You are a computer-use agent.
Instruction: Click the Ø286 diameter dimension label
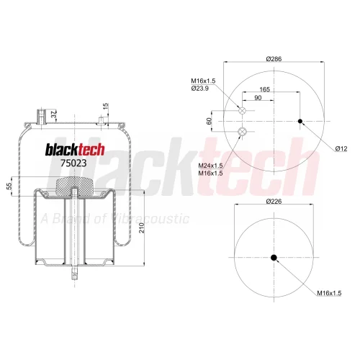pos(274,59)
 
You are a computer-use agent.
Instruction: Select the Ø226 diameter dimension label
pos(274,201)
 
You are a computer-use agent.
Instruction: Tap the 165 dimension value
pos(265,89)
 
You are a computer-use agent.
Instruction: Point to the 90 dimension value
pos(258,98)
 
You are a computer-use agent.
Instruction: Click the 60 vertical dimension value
pos(210,121)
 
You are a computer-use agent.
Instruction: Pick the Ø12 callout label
pos(341,149)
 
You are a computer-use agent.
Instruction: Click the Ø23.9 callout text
pos(200,89)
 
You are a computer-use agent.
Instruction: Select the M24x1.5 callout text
pos(210,166)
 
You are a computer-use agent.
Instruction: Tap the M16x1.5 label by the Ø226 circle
pos(329,293)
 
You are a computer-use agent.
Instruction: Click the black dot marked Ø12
pos(300,121)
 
